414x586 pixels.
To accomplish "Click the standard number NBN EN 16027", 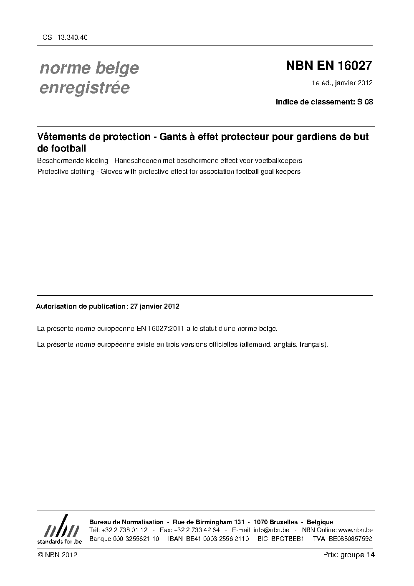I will (328, 66).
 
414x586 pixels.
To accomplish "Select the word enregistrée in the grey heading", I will (84, 88).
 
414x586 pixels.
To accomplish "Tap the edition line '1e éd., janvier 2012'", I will (342, 83).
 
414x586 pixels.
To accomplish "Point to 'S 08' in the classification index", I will (364, 101).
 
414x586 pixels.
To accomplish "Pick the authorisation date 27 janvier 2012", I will (155, 306).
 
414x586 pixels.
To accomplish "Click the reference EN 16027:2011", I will (161, 329).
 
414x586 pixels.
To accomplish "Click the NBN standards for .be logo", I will (59, 529).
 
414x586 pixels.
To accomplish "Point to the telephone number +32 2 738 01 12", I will (124, 530).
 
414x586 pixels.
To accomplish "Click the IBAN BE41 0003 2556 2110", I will (208, 538).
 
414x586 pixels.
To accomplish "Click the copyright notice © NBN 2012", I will (57, 555).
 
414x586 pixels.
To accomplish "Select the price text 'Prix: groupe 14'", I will (349, 555).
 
